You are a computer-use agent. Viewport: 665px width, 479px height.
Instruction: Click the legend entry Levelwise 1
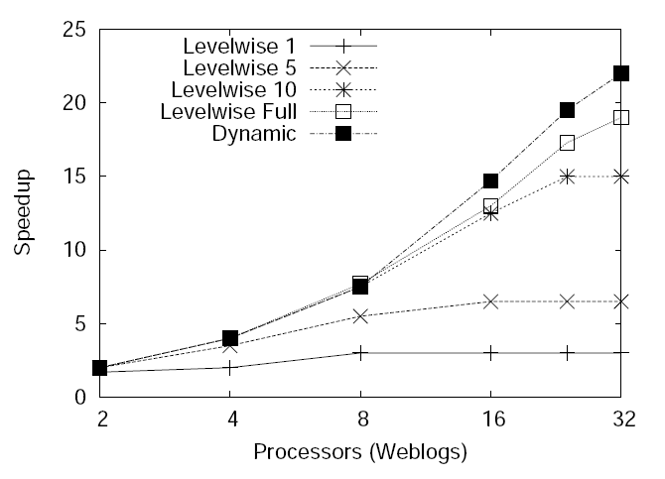[x=241, y=46]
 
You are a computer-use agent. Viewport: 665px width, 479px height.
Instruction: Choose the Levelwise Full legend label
[x=227, y=111]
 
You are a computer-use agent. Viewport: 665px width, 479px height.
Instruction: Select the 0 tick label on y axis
[x=80, y=397]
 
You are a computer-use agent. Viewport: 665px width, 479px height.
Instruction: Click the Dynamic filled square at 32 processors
[x=621, y=73]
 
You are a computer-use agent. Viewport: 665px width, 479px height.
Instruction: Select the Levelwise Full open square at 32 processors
[x=621, y=117]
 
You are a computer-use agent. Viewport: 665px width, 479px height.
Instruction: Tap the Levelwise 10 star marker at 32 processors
[x=621, y=177]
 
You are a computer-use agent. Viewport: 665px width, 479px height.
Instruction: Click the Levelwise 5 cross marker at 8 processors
[x=360, y=316]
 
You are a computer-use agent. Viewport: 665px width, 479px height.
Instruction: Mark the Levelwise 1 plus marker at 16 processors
[x=490, y=352]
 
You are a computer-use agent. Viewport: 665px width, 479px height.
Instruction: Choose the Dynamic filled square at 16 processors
[x=490, y=180]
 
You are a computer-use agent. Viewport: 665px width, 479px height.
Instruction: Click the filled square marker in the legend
[x=343, y=133]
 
